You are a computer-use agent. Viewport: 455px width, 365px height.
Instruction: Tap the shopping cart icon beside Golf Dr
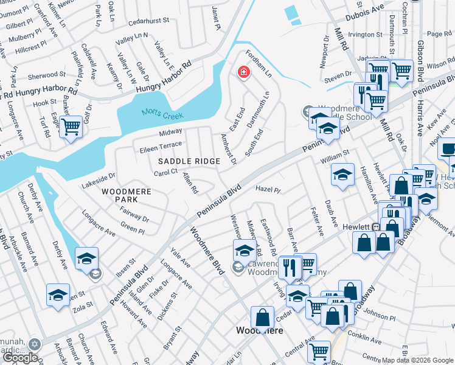[71, 126]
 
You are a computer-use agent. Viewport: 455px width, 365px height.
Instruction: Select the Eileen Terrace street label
[161, 147]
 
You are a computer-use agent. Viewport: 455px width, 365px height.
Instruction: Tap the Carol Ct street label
[165, 173]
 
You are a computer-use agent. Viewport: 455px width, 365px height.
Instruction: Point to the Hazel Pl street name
[268, 190]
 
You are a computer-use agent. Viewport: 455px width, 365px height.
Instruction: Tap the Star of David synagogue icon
[35, 344]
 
